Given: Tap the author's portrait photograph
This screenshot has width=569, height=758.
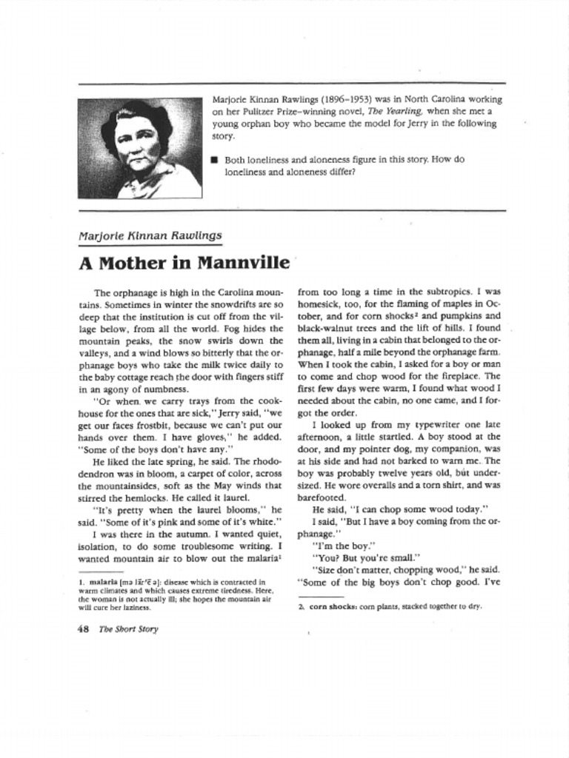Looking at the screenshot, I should click(x=139, y=149).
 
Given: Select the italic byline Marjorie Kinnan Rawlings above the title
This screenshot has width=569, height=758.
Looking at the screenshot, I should click(x=150, y=235).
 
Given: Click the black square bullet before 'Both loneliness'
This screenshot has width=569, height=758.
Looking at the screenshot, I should click(x=215, y=159).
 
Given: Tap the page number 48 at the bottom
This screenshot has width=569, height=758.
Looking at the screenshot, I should click(x=83, y=629).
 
